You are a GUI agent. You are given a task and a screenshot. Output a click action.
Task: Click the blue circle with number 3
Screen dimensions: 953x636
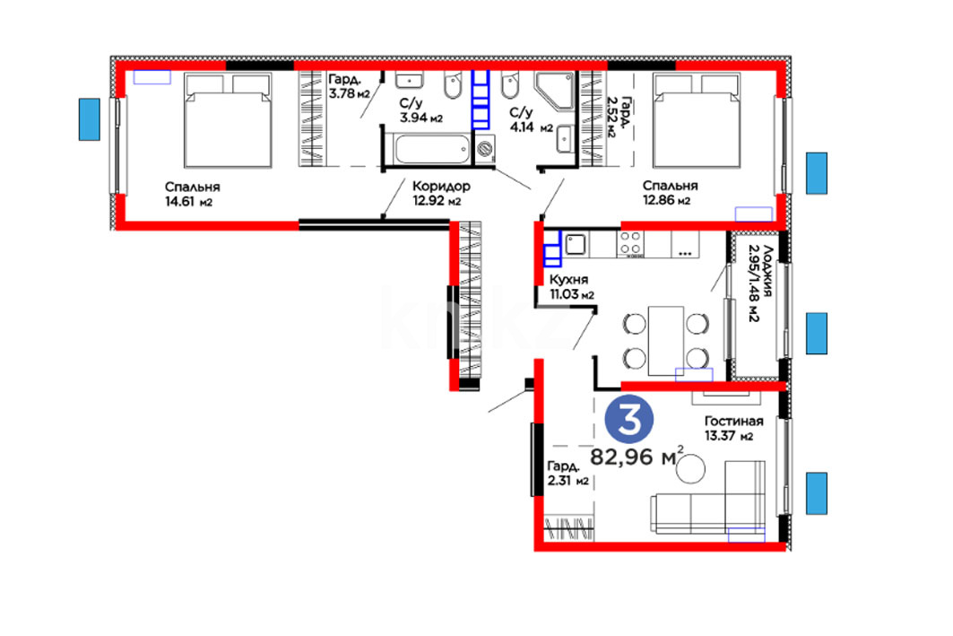(x=629, y=420)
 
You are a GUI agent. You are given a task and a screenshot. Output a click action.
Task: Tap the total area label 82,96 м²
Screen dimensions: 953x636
(x=637, y=456)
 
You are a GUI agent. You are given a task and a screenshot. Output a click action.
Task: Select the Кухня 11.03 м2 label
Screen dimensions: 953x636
(x=571, y=286)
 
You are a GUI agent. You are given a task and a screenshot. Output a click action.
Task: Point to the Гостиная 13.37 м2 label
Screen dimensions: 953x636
(x=733, y=428)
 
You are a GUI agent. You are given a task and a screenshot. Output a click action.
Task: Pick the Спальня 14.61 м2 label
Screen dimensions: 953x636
(x=192, y=194)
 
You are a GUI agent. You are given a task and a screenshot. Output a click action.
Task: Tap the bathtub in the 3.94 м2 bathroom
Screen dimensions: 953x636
(x=432, y=149)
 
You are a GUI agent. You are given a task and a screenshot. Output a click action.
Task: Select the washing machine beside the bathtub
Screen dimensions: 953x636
(x=485, y=149)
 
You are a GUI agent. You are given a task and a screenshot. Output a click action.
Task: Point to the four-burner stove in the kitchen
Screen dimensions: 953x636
(x=631, y=244)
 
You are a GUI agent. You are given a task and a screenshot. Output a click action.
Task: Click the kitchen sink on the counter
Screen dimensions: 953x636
(x=576, y=244)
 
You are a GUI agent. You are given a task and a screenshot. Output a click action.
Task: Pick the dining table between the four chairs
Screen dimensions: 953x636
(x=666, y=341)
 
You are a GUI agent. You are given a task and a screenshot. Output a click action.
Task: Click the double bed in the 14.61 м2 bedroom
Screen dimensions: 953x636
(x=228, y=120)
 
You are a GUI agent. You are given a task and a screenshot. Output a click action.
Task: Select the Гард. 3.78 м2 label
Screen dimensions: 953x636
(x=350, y=86)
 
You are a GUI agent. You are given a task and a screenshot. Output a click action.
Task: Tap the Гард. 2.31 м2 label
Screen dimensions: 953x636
(x=568, y=474)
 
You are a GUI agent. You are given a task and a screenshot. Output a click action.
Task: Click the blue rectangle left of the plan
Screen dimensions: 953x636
(x=90, y=119)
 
